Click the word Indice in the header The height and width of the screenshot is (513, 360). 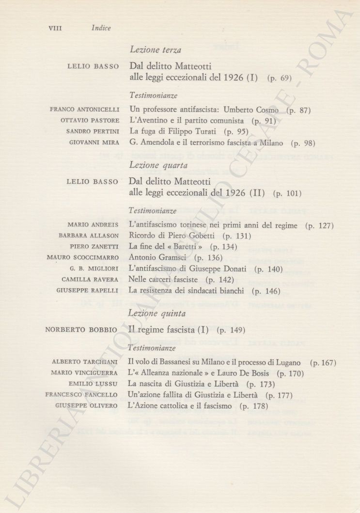pos(101,28)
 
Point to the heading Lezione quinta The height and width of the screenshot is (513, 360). pos(157,314)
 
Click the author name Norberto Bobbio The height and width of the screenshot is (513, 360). pos(81,330)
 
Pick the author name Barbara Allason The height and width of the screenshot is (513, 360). pos(89,236)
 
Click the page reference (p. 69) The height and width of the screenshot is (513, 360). pos(279,78)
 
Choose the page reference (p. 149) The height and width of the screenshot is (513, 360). pos(231,330)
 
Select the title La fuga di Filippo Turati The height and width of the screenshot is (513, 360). pos(175,131)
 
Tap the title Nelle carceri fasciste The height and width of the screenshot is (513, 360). pos(165,280)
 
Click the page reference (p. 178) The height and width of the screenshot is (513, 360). pos(254,406)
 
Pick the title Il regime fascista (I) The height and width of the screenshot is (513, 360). pos(169,330)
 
